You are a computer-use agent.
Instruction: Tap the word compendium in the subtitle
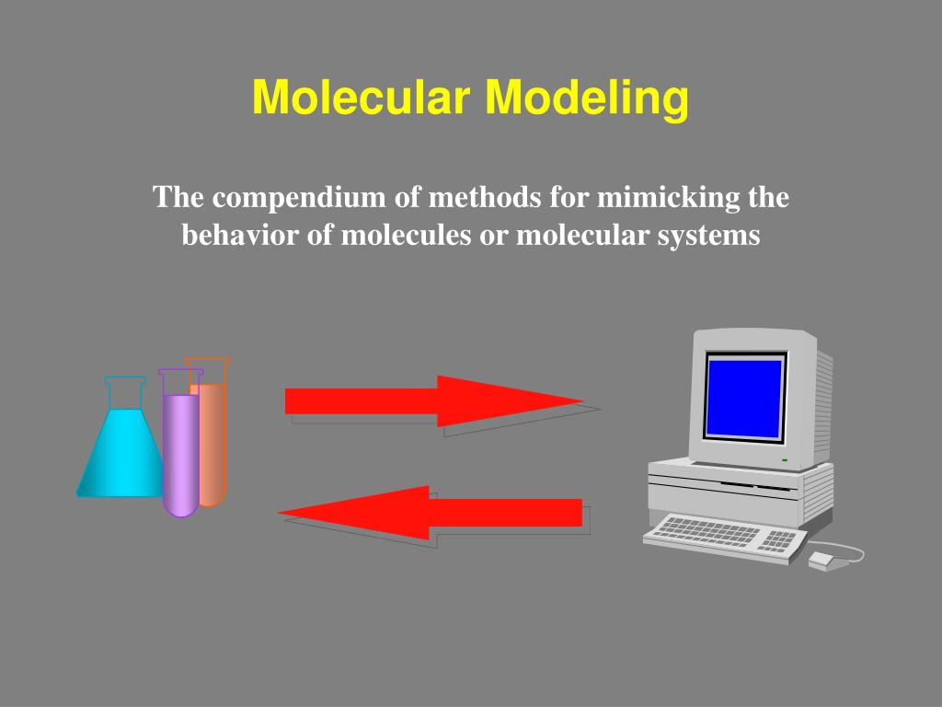pos(294,197)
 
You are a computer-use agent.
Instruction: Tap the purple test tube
pos(180,451)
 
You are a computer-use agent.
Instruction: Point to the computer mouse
pos(822,560)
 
